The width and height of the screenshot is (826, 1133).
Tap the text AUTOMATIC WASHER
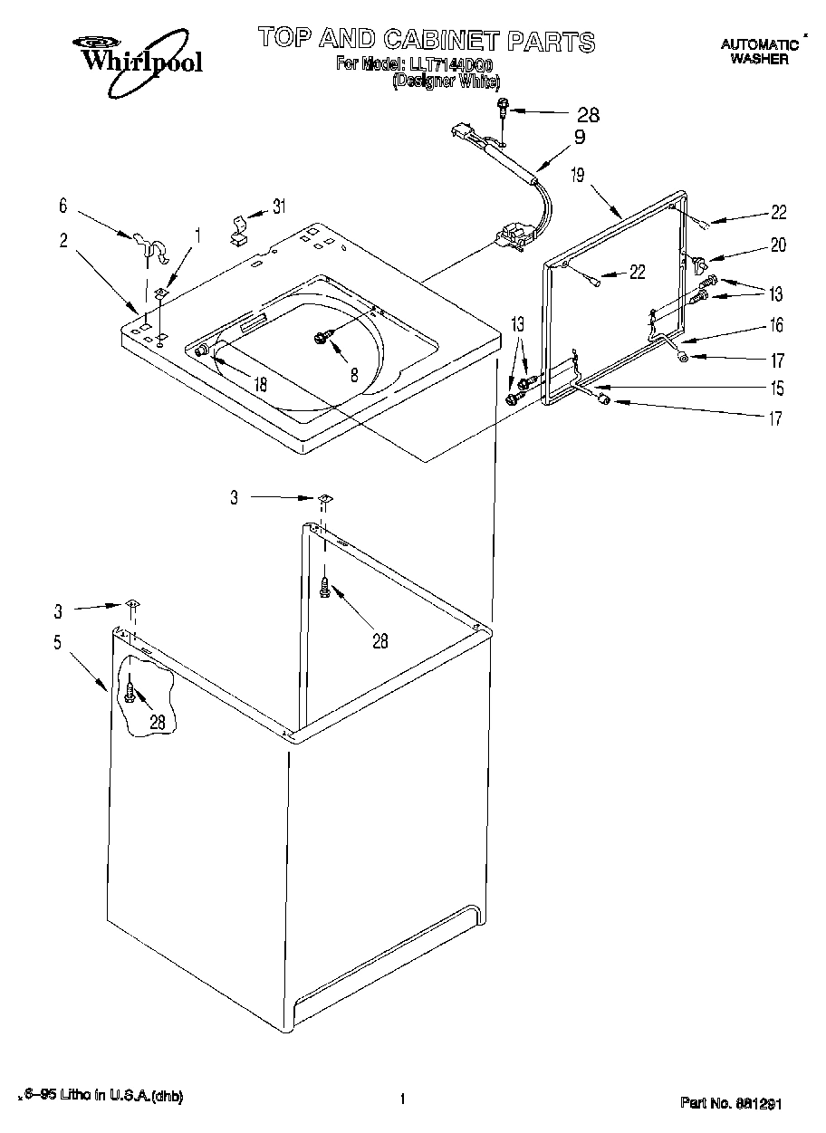759,51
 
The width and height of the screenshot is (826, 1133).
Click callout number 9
579,137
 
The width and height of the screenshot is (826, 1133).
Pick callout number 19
578,176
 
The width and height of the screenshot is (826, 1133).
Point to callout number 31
279,206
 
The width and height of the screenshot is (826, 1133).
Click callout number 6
63,206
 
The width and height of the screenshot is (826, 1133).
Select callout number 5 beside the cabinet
58,644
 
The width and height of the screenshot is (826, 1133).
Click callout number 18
261,384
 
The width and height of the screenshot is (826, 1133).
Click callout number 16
776,325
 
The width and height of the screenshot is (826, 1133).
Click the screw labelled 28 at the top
501,110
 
